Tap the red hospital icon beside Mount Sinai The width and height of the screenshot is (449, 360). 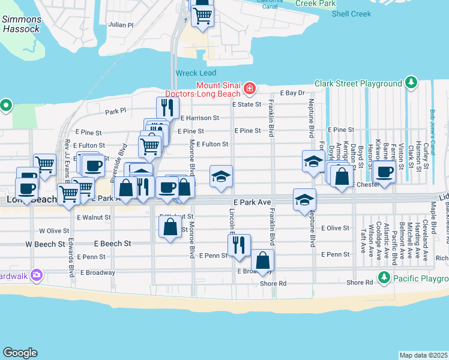tap(249, 89)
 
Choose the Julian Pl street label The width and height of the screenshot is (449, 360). tap(121, 25)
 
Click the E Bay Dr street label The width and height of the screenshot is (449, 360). tap(294, 93)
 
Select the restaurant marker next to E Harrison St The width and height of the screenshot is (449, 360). tap(167, 107)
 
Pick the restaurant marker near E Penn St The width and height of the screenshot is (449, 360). tap(238, 245)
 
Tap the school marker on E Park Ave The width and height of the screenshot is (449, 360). tap(304, 199)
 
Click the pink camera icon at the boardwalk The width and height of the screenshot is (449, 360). tap(37, 275)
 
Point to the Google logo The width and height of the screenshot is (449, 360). tap(20, 353)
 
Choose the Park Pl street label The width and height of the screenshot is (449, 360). tap(115, 111)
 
